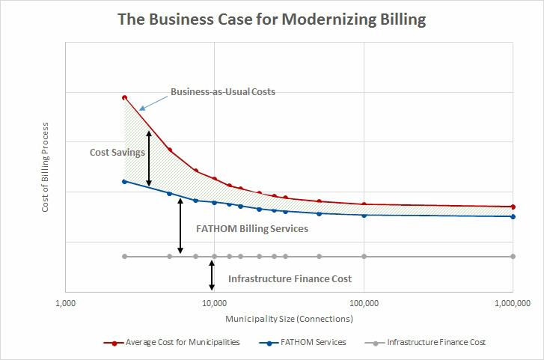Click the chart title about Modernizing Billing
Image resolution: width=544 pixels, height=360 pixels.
pos(272,19)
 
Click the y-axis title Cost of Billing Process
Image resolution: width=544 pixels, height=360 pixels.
pos(45,167)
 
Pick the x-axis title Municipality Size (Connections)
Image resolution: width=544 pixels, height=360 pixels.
pos(289,319)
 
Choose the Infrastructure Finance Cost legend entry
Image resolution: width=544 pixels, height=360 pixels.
pos(436,342)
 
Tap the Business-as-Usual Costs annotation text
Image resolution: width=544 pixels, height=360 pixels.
pos(223,92)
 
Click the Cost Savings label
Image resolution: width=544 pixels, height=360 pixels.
pos(117,153)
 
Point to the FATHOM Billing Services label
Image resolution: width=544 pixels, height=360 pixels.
pos(251,229)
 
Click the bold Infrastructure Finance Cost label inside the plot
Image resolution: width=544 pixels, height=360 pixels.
pos(290,278)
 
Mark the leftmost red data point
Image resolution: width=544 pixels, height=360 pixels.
pos(125,97)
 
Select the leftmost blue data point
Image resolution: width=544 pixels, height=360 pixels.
pos(125,181)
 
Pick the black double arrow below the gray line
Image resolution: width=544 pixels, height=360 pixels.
pos(213,276)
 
